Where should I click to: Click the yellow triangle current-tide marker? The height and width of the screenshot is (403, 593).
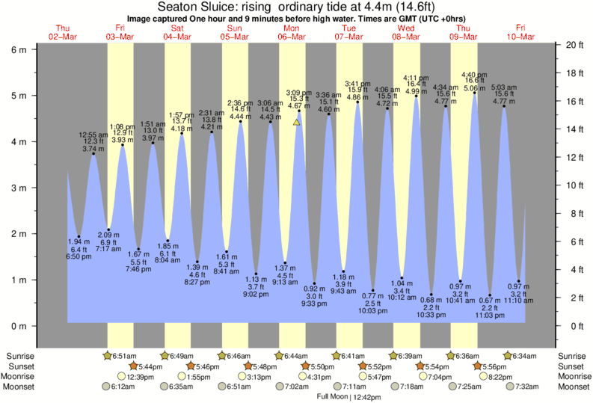click(x=297, y=122)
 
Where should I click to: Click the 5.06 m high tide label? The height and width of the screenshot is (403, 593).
click(x=475, y=87)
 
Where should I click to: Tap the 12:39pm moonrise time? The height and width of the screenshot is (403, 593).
click(x=140, y=377)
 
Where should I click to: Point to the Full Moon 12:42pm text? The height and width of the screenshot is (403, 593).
click(x=348, y=396)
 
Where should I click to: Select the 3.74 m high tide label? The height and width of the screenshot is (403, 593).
click(x=93, y=149)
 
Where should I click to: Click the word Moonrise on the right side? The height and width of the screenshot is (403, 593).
click(x=571, y=377)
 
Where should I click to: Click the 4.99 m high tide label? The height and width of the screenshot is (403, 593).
click(x=417, y=91)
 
